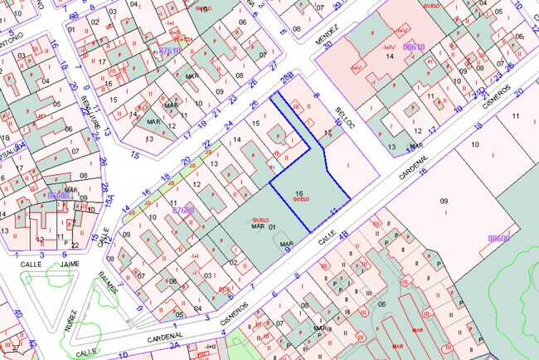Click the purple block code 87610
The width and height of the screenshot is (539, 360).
point(169,51)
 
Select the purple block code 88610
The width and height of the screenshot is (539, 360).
point(413,47)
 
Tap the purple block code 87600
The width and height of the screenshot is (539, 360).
point(182,211)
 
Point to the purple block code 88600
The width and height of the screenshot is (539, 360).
point(498,238)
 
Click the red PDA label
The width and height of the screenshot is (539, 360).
point(224,289)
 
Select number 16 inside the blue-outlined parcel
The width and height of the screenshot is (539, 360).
point(298,193)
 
